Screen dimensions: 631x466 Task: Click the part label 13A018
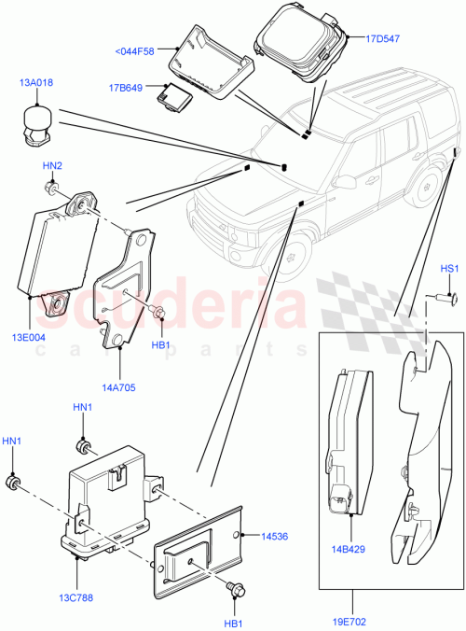35,83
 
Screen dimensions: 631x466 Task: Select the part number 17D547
383,38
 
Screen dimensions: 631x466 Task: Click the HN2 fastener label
52,165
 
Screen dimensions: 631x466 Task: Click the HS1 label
450,270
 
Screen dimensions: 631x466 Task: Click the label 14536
274,536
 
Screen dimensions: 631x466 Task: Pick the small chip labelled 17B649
174,94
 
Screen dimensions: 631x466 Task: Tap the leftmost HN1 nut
14,482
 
